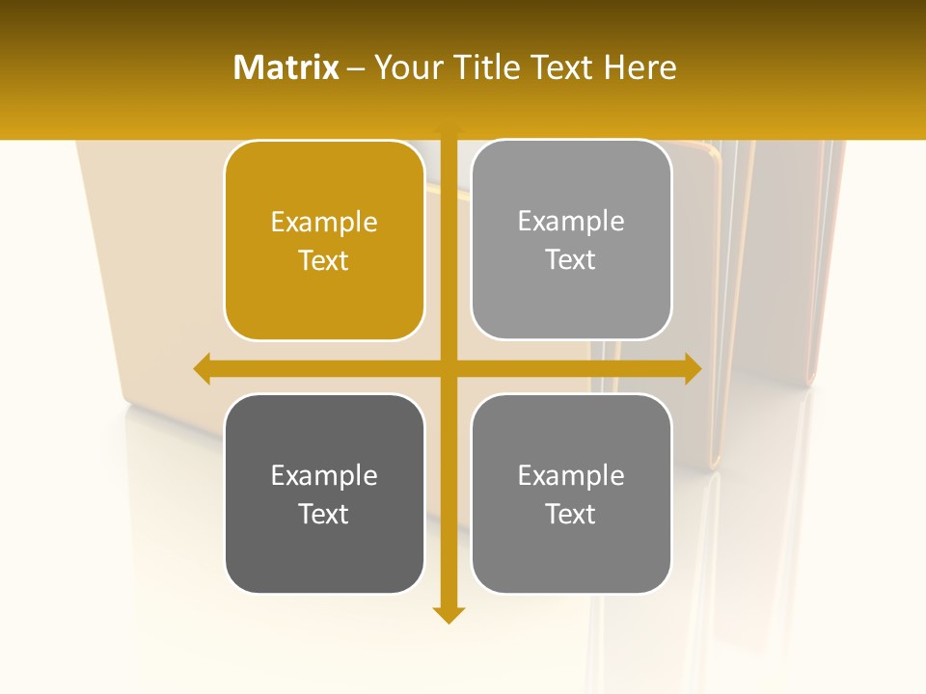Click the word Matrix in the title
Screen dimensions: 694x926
coord(286,67)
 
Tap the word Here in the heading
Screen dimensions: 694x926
coord(640,67)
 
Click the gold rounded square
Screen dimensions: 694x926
coord(324,241)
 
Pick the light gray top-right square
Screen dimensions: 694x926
coord(571,240)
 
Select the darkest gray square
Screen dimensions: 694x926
coord(324,494)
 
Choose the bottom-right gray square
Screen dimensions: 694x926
coord(571,494)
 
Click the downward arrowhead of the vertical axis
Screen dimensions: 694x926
coord(449,615)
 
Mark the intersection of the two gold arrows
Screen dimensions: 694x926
coord(449,369)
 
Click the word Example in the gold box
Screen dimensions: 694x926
coord(324,223)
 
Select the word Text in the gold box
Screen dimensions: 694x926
coord(324,260)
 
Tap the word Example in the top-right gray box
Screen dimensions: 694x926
coord(571,222)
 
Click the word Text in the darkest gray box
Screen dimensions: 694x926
coord(324,514)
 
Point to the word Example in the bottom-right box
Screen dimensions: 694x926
coord(571,475)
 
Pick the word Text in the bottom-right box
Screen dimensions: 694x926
coord(571,514)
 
